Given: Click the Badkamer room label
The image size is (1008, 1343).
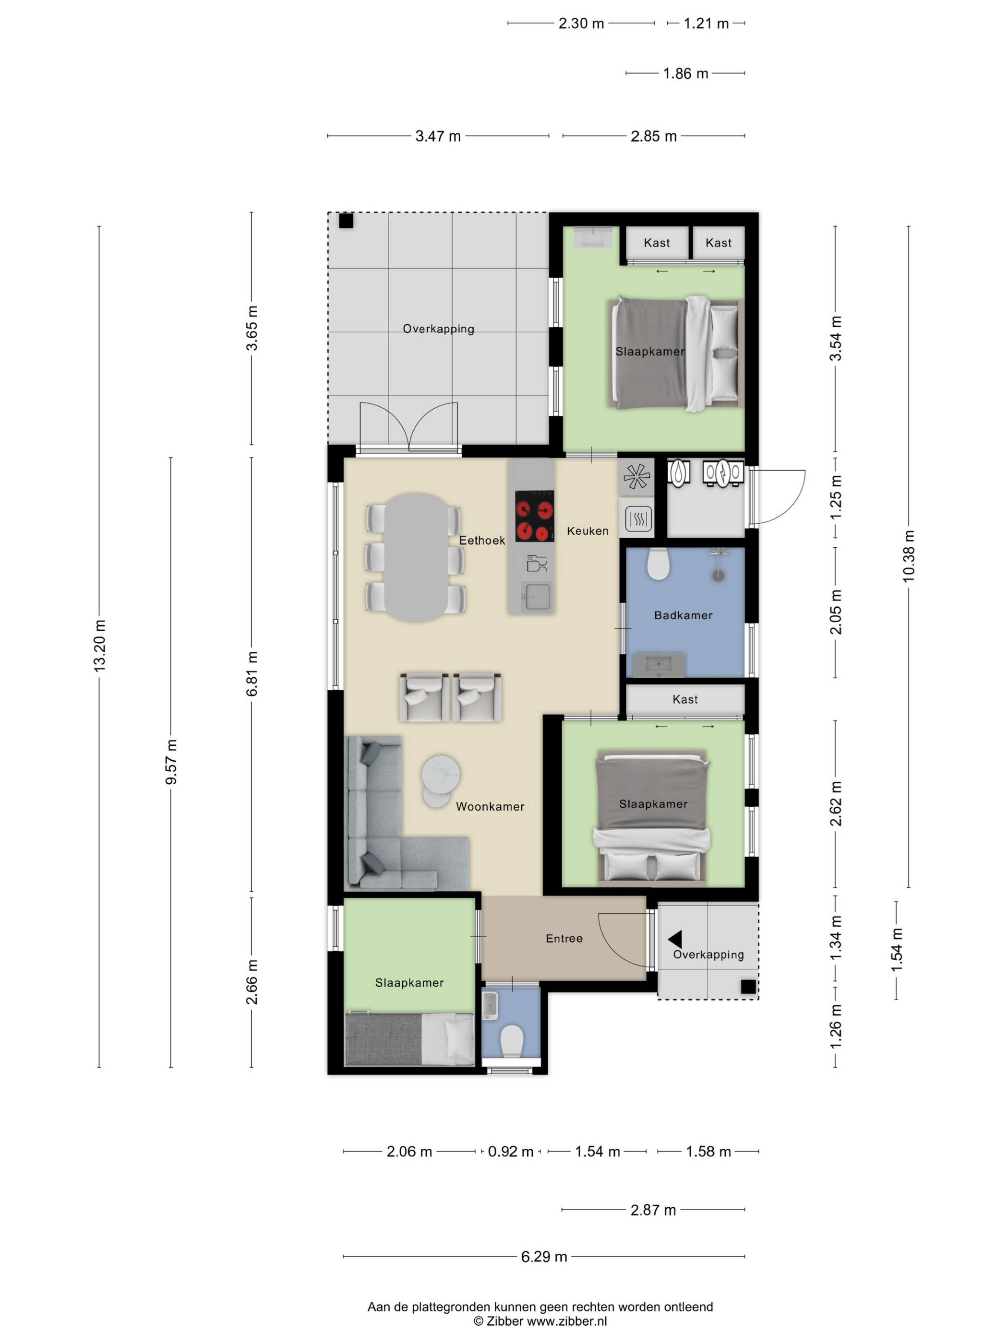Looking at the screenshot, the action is click(683, 615).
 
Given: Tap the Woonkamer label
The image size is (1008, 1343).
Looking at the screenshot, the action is click(490, 806).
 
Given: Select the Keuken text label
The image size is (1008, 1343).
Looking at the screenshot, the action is click(588, 530).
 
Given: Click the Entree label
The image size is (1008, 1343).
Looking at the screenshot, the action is click(564, 938).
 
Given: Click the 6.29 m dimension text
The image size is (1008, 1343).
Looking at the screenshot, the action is click(544, 1256).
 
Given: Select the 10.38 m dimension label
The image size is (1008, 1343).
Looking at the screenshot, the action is click(908, 556).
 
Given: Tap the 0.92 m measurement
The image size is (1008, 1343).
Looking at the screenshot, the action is click(510, 1151).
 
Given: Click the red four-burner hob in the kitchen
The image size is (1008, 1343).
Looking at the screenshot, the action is click(534, 516).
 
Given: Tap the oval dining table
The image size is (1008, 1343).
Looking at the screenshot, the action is click(416, 557).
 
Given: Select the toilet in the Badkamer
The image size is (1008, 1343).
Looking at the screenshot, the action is click(658, 564).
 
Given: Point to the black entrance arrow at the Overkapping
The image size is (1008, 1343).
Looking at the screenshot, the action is click(675, 939).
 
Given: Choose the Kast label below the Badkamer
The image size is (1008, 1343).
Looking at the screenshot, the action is click(685, 699).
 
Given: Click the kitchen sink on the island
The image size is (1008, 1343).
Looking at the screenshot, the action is click(537, 596).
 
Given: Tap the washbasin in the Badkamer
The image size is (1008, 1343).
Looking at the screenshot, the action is click(659, 665).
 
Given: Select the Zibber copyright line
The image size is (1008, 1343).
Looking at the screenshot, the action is click(540, 1321).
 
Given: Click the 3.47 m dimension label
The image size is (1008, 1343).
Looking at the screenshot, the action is click(437, 136).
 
